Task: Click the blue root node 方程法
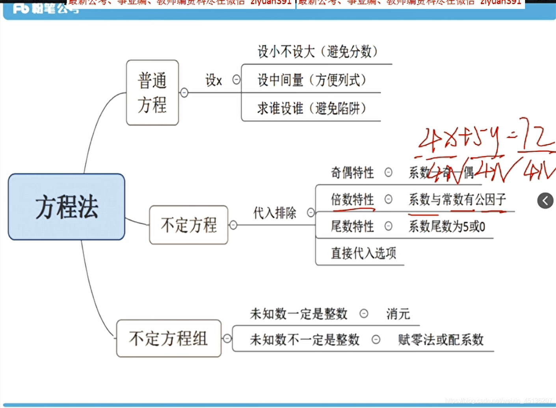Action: click(66, 207)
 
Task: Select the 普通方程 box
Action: click(152, 93)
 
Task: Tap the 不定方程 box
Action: click(188, 225)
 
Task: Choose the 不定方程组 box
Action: click(168, 338)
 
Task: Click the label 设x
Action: click(214, 80)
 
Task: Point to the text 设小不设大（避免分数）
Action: click(317, 51)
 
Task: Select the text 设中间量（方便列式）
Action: click(311, 80)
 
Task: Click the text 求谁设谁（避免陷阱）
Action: click(311, 108)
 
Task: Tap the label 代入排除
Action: click(275, 213)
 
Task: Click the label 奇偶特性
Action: click(352, 172)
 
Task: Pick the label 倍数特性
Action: click(352, 199)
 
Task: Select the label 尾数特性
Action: click(352, 226)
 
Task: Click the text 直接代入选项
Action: click(363, 253)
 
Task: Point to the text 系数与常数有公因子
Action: click(457, 199)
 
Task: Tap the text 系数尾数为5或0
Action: click(447, 226)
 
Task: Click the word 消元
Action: click(398, 314)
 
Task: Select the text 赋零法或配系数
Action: click(441, 339)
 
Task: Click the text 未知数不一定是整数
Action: click(305, 339)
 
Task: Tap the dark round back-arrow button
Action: click(545, 201)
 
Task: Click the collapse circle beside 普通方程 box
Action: click(184, 93)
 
